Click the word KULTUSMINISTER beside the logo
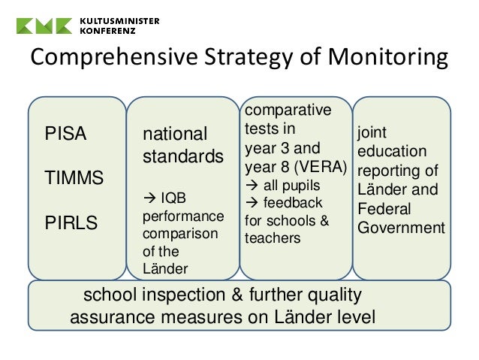point(119,20)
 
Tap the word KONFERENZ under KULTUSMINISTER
point(107,31)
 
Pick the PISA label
point(66,135)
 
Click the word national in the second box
point(175,135)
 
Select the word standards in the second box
point(183,157)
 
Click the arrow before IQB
point(148,199)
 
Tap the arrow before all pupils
point(251,185)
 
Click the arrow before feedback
point(251,203)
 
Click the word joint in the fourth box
point(372,133)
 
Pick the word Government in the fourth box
point(401,227)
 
